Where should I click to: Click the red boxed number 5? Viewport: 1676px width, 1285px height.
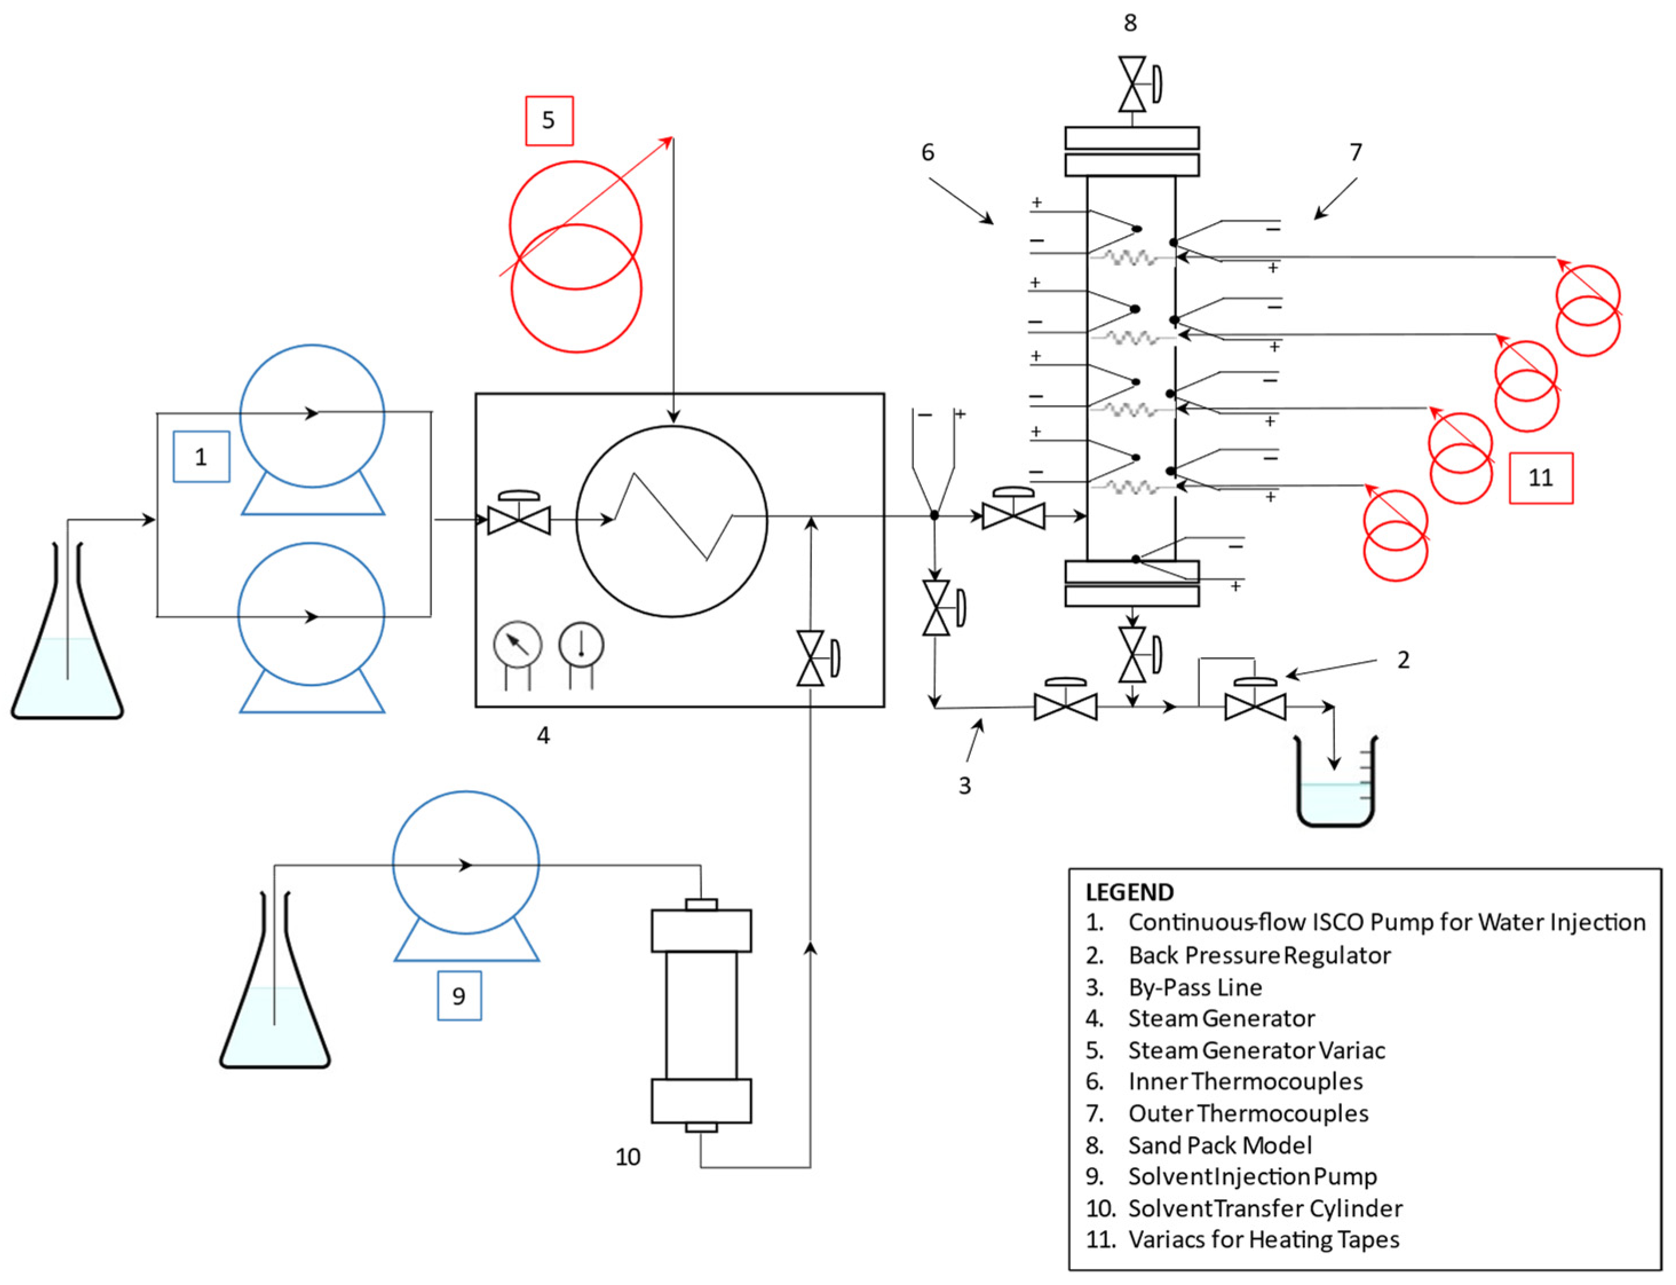549,120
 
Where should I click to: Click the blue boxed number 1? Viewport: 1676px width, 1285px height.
201,457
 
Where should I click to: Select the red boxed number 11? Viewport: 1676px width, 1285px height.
1540,478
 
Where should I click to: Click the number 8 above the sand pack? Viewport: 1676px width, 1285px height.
1130,23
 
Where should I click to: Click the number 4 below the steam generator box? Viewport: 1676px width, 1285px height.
543,735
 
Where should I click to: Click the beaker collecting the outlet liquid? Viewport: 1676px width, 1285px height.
1335,788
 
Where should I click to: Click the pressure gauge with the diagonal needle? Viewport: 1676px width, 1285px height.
518,645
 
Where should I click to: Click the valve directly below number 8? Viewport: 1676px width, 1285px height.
1133,84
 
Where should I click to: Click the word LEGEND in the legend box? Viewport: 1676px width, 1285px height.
1129,893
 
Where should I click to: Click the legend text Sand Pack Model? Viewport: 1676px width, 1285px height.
1219,1145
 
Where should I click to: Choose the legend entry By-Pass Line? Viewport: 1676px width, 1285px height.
1195,987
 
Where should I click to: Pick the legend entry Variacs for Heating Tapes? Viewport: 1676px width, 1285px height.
1263,1240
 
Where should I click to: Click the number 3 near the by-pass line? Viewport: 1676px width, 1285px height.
965,786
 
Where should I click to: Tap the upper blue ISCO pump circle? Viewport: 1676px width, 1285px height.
312,415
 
